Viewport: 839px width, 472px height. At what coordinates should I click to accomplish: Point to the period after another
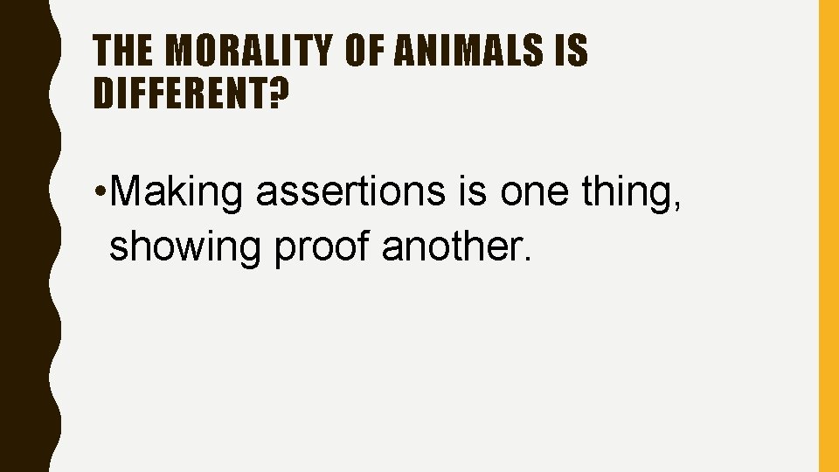point(524,259)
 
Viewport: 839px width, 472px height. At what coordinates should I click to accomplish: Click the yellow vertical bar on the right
point(828,236)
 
